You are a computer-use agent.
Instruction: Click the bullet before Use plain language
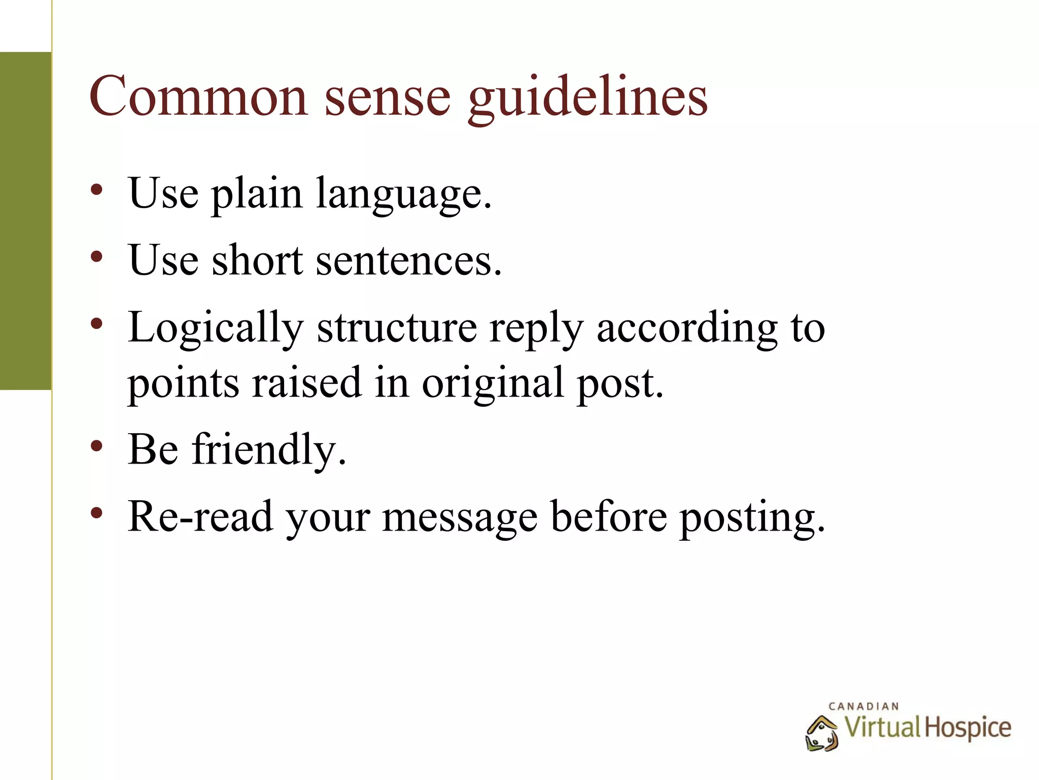pyautogui.click(x=96, y=190)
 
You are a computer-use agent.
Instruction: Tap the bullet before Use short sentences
pyautogui.click(x=96, y=257)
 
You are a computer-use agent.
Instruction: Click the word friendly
pyautogui.click(x=269, y=449)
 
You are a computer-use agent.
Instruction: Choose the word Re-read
pyautogui.click(x=200, y=516)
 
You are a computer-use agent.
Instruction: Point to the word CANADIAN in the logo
pyautogui.click(x=863, y=706)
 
